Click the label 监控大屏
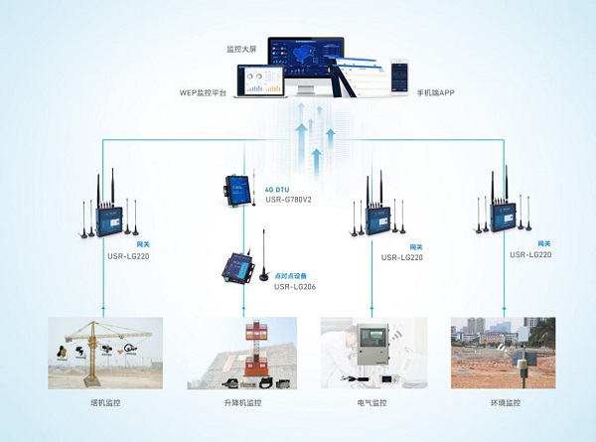tap(241, 48)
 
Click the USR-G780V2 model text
tap(289, 199)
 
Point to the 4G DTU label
tap(277, 187)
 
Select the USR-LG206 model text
tap(284, 287)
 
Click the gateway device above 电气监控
tap(375, 217)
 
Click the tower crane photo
tap(105, 352)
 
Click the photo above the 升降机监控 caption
tap(241, 352)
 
